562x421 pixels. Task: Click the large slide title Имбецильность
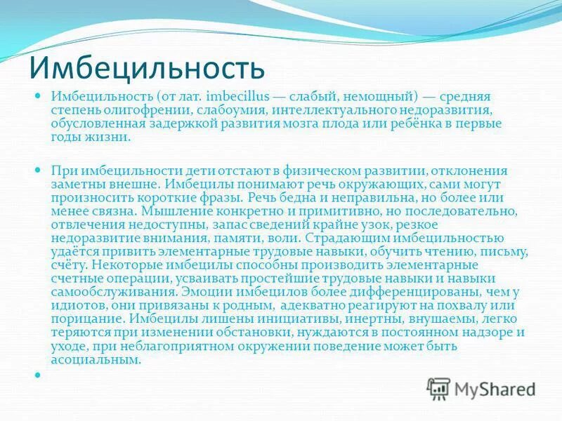(x=148, y=67)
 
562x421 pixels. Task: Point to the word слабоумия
(x=226, y=109)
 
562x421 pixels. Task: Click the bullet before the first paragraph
(x=40, y=94)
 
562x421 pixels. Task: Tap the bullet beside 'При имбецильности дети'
(x=40, y=170)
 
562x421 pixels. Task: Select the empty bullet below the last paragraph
(x=40, y=375)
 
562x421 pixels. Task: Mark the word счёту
(x=69, y=263)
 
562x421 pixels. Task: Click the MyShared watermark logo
(x=483, y=387)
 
